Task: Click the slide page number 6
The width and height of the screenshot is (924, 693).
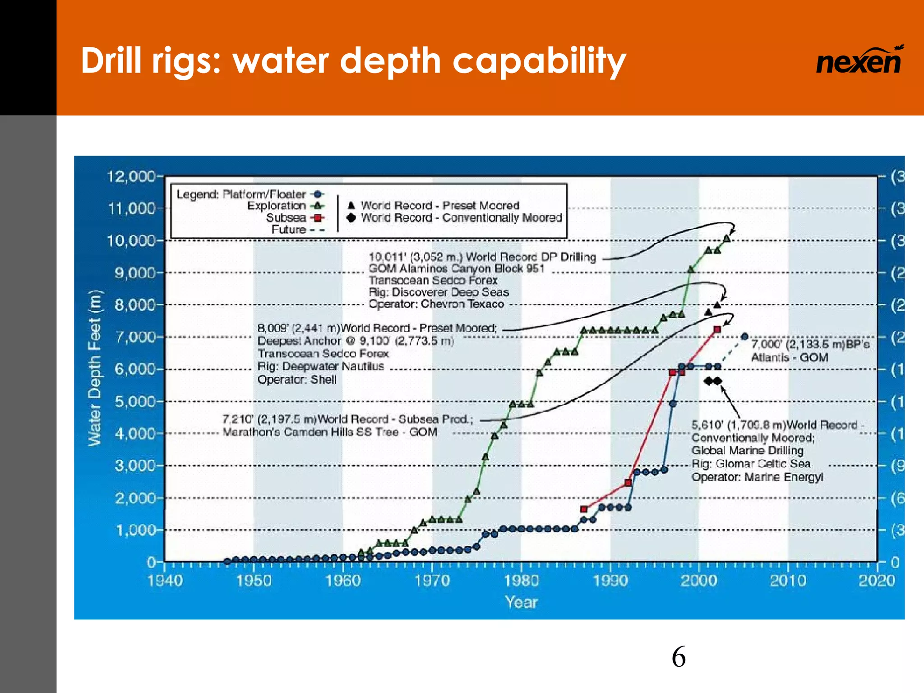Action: coord(678,657)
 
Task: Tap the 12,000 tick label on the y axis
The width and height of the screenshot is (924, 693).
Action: coord(131,176)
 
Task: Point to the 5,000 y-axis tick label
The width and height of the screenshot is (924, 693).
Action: coord(135,401)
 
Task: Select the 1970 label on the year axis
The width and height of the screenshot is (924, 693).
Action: coord(432,580)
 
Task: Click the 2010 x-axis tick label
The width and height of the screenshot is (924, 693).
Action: coord(788,580)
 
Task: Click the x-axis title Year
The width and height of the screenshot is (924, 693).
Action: coord(521,602)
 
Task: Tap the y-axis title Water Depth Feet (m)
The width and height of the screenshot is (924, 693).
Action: coord(95,368)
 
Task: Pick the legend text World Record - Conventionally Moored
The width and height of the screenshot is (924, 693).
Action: coord(461,218)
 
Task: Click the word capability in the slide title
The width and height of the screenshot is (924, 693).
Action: coord(539,61)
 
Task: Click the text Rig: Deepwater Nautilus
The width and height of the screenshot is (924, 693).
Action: coord(320,366)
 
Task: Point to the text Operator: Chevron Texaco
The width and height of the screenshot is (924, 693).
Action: coord(436,304)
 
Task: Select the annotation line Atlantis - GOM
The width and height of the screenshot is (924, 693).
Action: coord(789,358)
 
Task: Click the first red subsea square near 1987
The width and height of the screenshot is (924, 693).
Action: coord(584,509)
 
